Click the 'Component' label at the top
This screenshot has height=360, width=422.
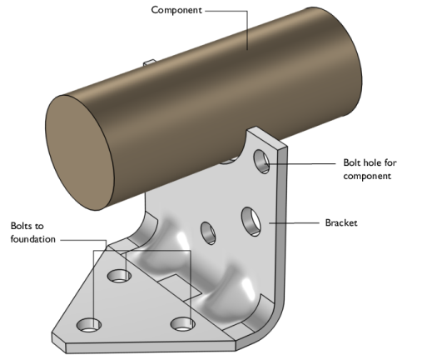(x=176, y=10)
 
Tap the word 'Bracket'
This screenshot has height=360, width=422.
(x=341, y=222)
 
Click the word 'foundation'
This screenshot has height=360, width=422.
(x=33, y=239)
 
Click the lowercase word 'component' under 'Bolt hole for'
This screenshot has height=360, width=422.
(x=367, y=177)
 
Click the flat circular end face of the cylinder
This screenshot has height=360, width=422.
(x=80, y=152)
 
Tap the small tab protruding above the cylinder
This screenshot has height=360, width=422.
(x=150, y=62)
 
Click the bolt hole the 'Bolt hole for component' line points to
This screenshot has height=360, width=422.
(x=262, y=162)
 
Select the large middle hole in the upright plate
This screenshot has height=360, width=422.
(x=251, y=222)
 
